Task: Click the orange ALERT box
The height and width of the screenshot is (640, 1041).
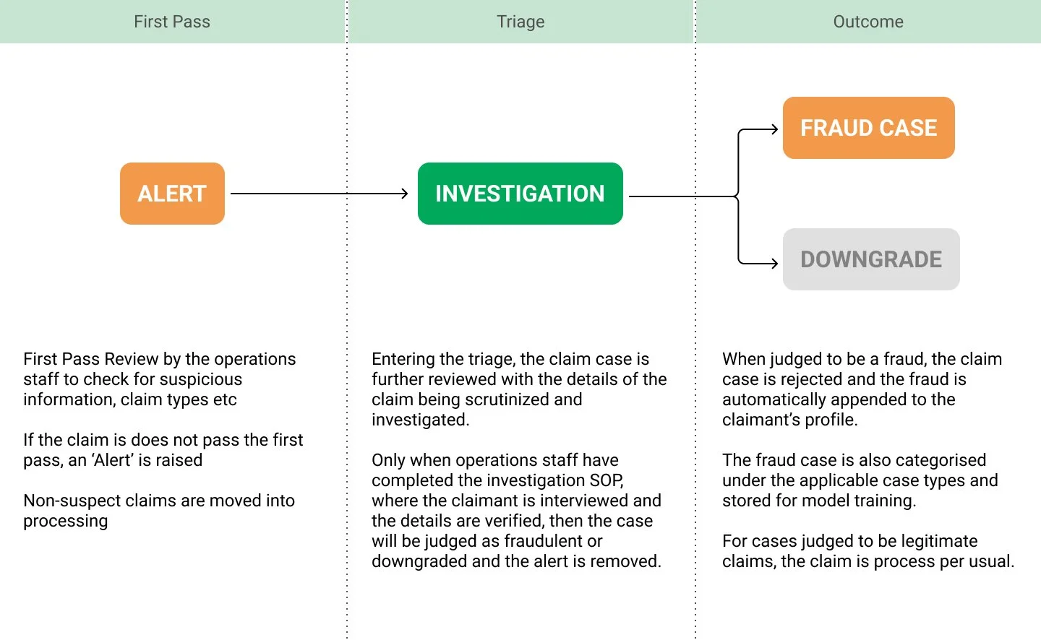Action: coord(172,194)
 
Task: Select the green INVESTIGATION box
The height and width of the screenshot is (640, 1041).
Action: coord(520,194)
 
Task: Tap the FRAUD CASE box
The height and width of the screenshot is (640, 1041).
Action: coord(868,128)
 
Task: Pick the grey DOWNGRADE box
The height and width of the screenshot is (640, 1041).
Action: coord(870,259)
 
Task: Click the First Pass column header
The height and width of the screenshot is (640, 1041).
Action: coord(172,22)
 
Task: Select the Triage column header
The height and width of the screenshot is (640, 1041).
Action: coord(520,22)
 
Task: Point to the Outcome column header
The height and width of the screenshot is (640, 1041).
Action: coord(868,22)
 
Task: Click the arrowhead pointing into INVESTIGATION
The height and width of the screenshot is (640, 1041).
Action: coord(405,194)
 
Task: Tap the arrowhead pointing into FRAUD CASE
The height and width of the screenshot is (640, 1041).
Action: coord(774,130)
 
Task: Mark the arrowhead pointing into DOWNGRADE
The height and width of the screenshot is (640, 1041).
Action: coord(774,264)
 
